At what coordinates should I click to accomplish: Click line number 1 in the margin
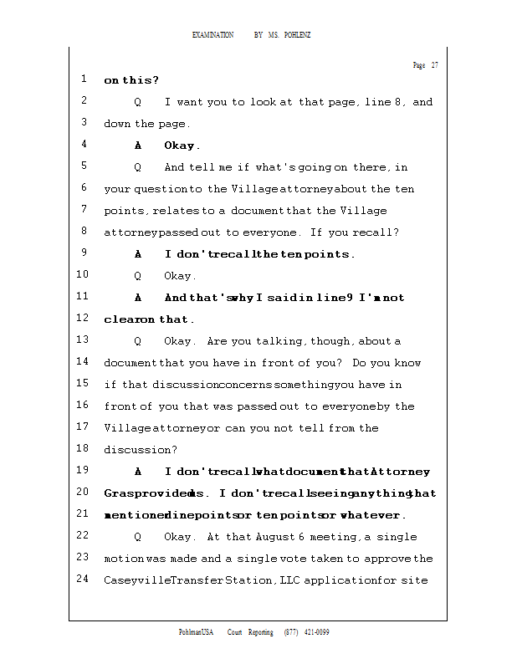(84, 80)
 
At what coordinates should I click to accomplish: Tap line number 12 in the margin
(82, 319)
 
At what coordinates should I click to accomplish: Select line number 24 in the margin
(82, 580)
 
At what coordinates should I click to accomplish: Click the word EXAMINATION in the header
(212, 35)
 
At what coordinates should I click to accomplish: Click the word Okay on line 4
(181, 146)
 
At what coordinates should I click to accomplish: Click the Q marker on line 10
(137, 276)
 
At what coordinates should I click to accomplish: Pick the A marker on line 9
(137, 254)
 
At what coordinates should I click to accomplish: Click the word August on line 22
(278, 537)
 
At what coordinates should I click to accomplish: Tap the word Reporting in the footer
(259, 632)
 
